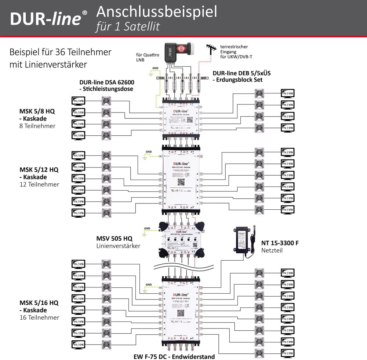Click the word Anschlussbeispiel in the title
point(156,12)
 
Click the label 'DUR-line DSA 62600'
point(106,82)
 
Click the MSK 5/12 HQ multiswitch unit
point(181,180)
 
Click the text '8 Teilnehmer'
point(38,126)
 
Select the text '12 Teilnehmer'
point(39,184)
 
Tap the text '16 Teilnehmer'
point(39,317)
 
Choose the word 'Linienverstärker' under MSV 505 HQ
point(118,246)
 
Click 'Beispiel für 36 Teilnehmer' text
point(60,52)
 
